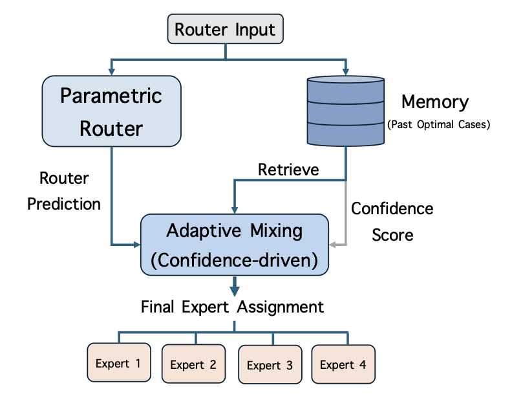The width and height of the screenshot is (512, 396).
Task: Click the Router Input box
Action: click(x=225, y=30)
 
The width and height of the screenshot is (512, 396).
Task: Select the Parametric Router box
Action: click(x=111, y=111)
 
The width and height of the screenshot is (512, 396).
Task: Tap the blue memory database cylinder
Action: click(x=346, y=111)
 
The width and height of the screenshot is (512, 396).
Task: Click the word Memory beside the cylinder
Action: click(x=434, y=102)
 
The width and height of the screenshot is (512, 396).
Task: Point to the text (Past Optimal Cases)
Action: click(x=438, y=125)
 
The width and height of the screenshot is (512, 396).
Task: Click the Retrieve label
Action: click(x=288, y=170)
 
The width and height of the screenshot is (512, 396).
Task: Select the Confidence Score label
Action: click(x=392, y=221)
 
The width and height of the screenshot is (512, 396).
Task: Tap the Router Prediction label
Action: click(x=64, y=191)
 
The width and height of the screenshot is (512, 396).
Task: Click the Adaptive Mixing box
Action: click(x=235, y=245)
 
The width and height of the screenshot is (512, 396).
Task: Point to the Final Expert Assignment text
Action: click(x=232, y=306)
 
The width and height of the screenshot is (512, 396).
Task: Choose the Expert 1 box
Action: click(x=118, y=363)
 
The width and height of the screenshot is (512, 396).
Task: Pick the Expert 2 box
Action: click(x=193, y=364)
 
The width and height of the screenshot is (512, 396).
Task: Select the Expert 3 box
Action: click(x=270, y=366)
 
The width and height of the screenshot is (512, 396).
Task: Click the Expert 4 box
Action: click(x=343, y=364)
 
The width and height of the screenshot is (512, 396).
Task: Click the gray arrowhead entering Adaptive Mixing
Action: click(x=333, y=245)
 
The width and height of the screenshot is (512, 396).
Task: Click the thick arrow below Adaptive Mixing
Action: click(x=235, y=285)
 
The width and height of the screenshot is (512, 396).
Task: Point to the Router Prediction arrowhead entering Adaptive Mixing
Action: click(x=136, y=245)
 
